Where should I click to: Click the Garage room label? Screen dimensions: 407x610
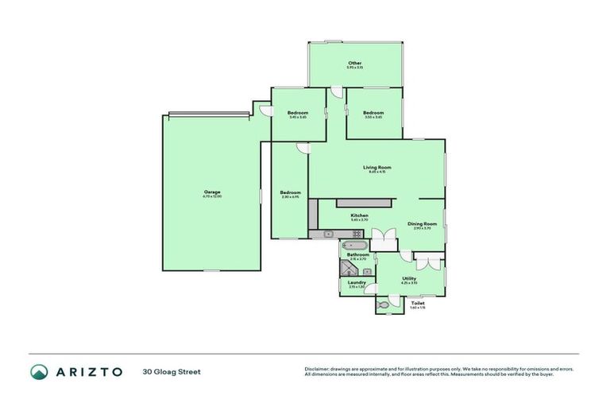pyautogui.click(x=211, y=192)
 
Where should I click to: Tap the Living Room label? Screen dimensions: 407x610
pyautogui.click(x=377, y=168)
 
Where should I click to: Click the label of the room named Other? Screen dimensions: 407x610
pyautogui.click(x=354, y=63)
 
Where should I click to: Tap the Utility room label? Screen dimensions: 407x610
pyautogui.click(x=408, y=278)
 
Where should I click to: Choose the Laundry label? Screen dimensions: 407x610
pyautogui.click(x=356, y=283)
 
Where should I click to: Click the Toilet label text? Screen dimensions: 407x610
pyautogui.click(x=418, y=303)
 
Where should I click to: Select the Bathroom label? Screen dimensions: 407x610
pyautogui.click(x=357, y=255)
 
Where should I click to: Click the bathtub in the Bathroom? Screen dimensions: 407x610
pyautogui.click(x=353, y=246)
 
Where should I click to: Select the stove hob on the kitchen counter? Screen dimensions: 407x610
pyautogui.click(x=357, y=234)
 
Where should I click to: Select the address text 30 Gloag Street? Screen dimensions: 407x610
pyautogui.click(x=172, y=371)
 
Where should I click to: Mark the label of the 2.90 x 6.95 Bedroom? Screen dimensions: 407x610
pyautogui.click(x=290, y=193)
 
